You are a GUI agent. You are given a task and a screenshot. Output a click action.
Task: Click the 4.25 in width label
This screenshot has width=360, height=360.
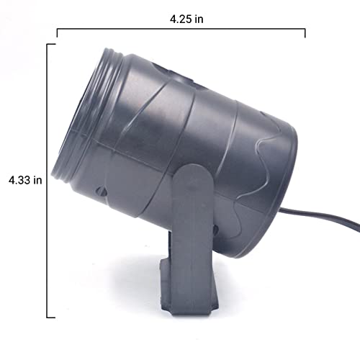point(186,19)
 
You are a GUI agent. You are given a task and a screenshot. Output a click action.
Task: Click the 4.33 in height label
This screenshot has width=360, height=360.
point(25,180)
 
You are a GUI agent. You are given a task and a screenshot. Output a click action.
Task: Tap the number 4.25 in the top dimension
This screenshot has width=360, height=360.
point(181,19)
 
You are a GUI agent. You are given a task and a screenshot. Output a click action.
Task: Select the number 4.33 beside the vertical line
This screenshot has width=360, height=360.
point(19,180)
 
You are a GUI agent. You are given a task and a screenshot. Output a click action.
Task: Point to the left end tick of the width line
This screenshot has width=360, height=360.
point(57,33)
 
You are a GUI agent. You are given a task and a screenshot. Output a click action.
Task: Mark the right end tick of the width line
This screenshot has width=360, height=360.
point(305,33)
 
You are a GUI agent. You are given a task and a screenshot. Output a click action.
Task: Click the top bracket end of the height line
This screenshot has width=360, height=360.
point(51,45)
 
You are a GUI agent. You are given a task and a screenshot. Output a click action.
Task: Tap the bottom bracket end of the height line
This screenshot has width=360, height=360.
point(51,318)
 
